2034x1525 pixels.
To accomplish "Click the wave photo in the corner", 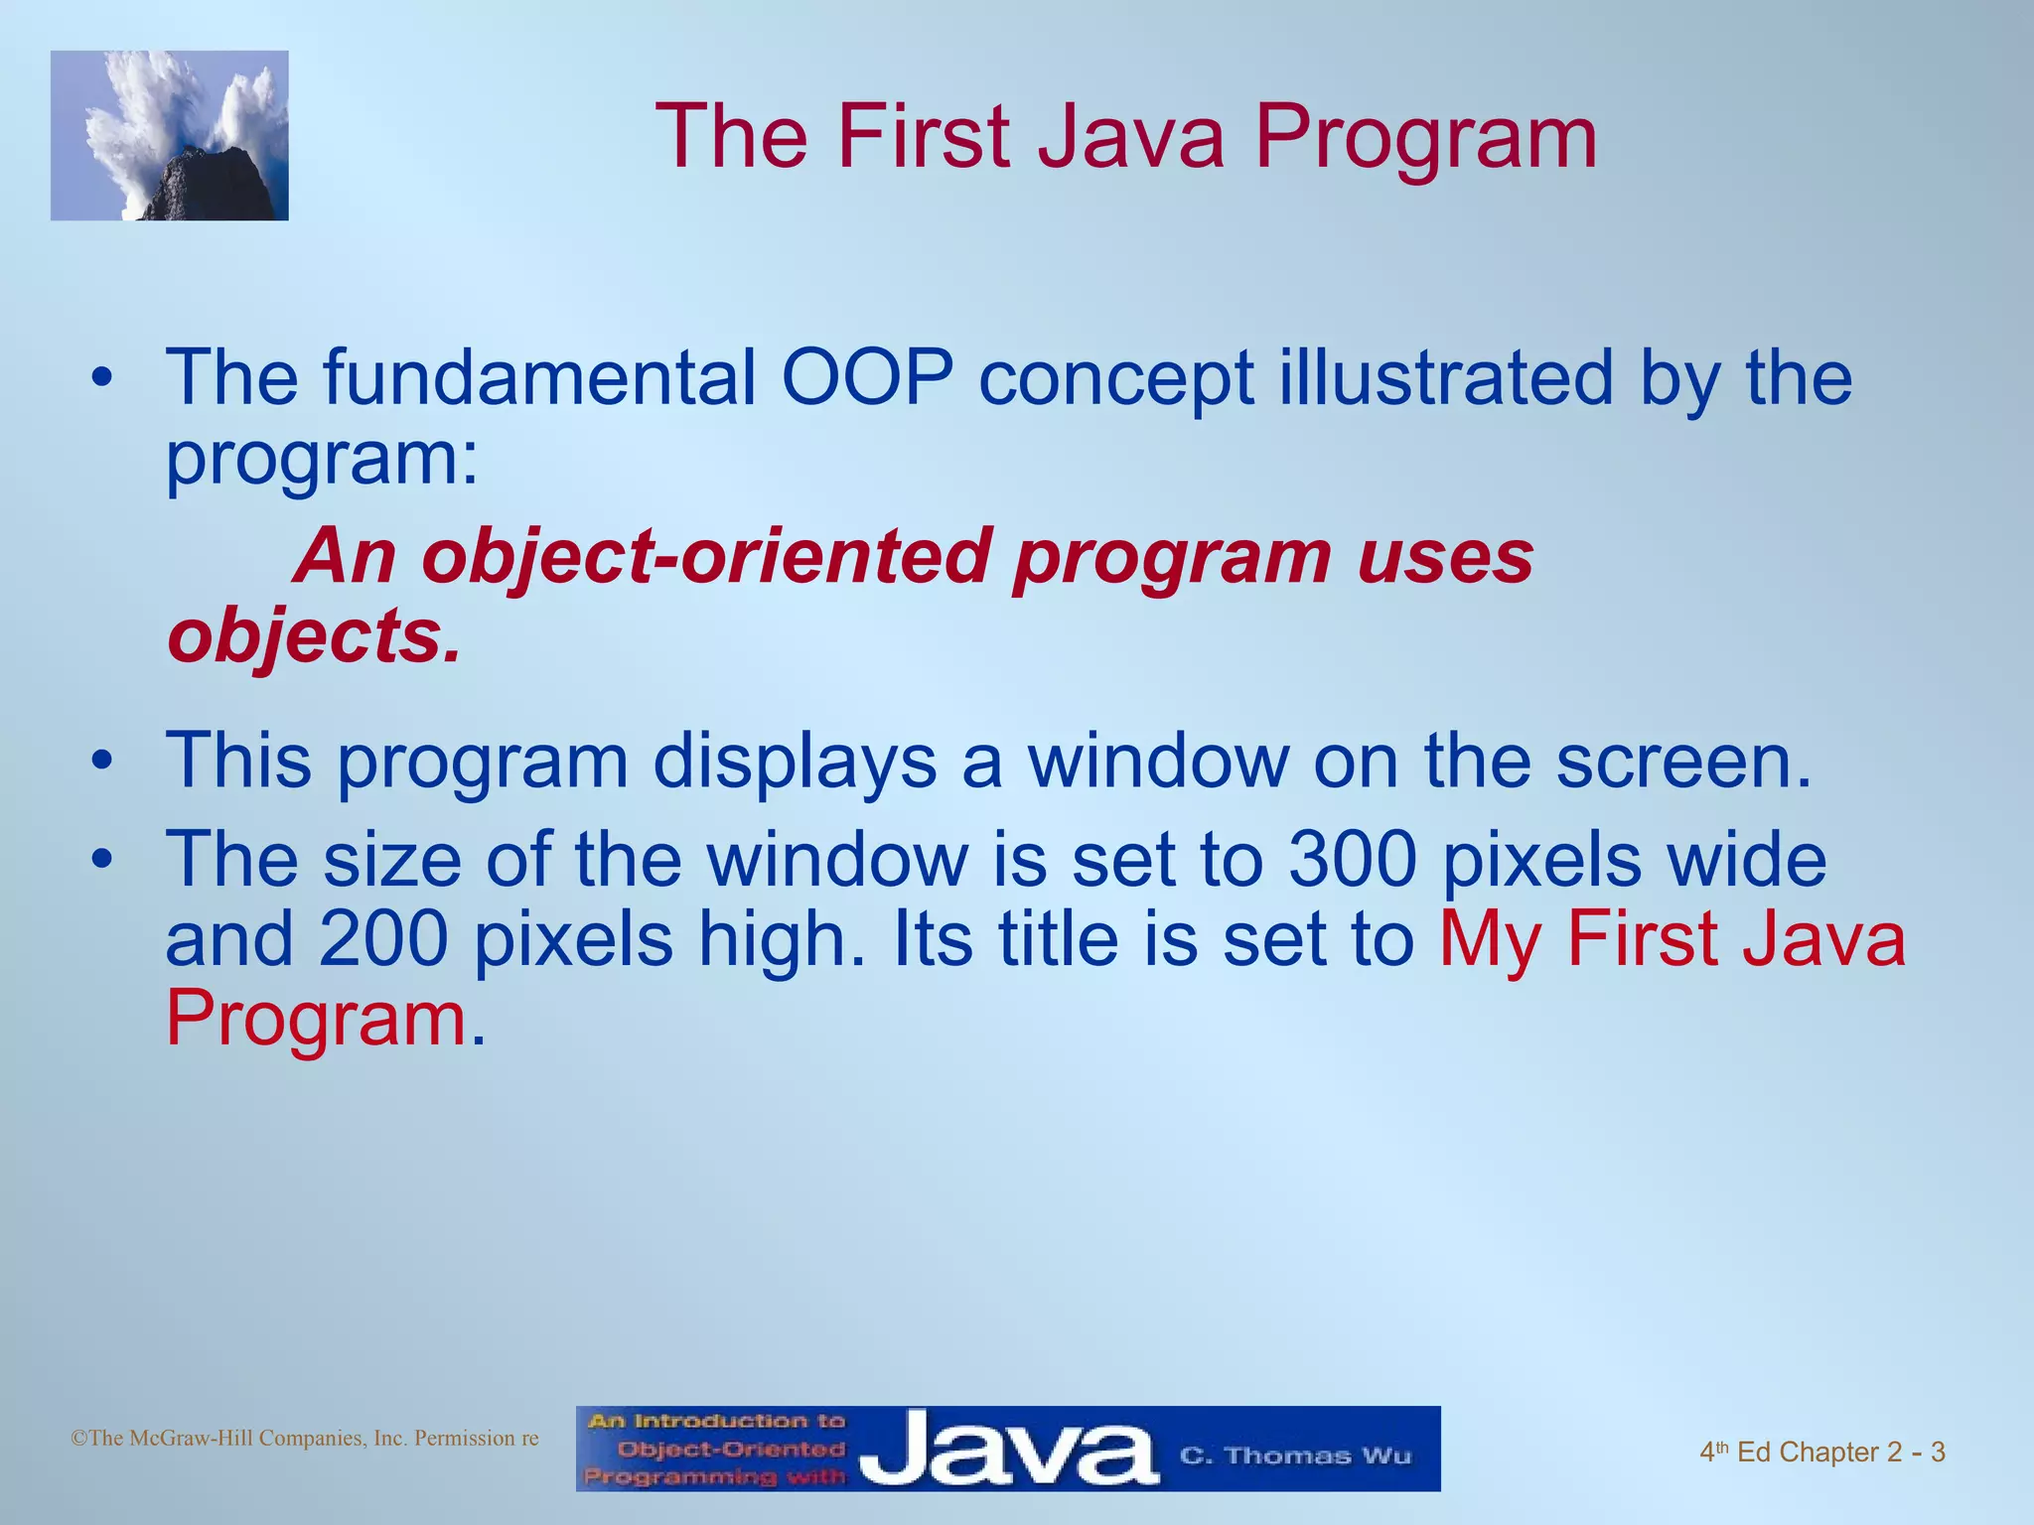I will pos(170,136).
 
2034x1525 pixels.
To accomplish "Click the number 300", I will pos(1352,860).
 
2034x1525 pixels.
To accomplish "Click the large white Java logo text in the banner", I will pos(1008,1450).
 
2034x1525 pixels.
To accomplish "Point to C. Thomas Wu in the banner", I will pos(1295,1456).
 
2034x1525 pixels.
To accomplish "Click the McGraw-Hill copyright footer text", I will pos(305,1439).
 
